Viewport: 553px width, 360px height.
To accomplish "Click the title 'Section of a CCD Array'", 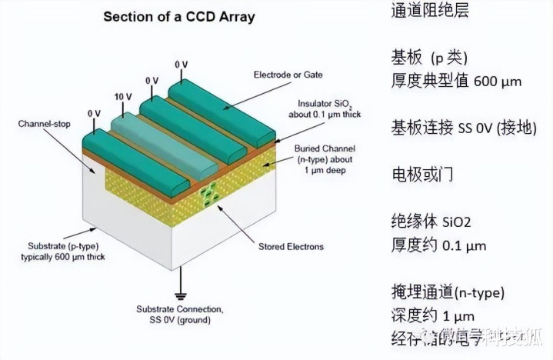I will click(x=180, y=16).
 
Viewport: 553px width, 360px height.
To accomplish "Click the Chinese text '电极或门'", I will click(x=422, y=174).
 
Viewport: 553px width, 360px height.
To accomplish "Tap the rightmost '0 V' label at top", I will click(x=182, y=64).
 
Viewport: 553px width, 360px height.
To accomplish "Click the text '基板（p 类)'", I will click(x=429, y=58).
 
